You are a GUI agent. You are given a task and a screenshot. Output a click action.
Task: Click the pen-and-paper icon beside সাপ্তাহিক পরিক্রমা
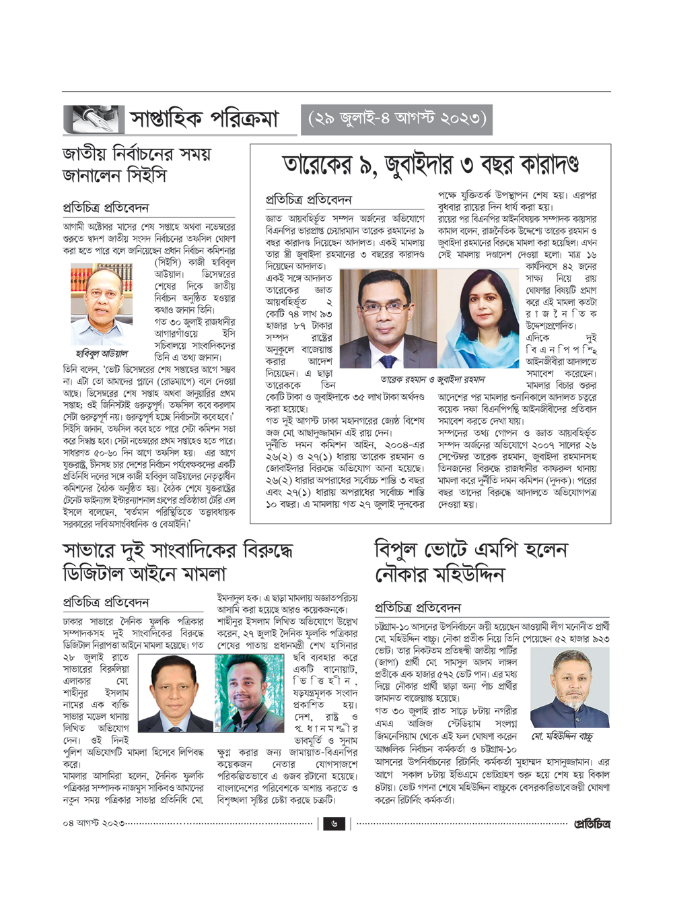pyautogui.click(x=94, y=119)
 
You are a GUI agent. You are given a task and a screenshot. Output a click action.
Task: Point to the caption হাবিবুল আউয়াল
pyautogui.click(x=102, y=353)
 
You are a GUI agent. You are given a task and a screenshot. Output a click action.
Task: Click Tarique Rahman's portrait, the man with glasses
pyautogui.click(x=388, y=319)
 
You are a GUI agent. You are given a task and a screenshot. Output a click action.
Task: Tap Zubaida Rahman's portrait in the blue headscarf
pyautogui.click(x=479, y=319)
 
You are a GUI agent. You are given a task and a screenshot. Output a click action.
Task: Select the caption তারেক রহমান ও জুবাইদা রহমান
pyautogui.click(x=432, y=379)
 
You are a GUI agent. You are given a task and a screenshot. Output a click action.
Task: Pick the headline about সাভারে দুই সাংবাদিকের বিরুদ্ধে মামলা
pyautogui.click(x=178, y=561)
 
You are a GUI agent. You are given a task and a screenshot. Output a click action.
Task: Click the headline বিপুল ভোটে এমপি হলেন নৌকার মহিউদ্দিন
pyautogui.click(x=471, y=561)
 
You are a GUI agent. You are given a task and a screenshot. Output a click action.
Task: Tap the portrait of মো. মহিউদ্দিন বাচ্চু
pyautogui.click(x=569, y=687)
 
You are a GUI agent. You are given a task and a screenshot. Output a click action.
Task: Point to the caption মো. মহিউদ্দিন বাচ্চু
pyautogui.click(x=562, y=736)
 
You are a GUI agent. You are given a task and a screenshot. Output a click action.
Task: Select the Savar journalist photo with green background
pyautogui.click(x=249, y=693)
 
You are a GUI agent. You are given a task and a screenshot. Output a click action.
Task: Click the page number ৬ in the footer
pyautogui.click(x=334, y=823)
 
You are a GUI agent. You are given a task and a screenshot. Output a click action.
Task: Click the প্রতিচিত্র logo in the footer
pyautogui.click(x=592, y=823)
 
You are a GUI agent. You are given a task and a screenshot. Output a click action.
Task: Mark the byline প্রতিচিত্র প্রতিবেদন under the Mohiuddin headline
pyautogui.click(x=417, y=608)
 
